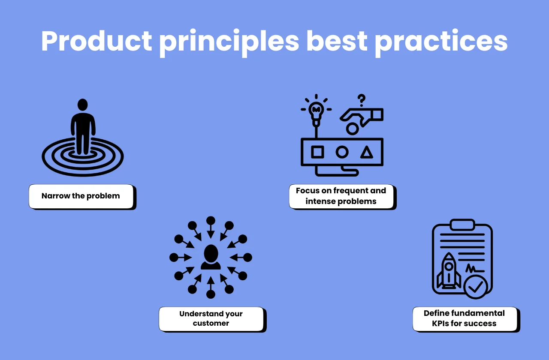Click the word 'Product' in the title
(x=97, y=42)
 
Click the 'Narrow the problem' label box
(x=81, y=196)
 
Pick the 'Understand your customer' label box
(x=211, y=319)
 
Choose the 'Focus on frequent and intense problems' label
(x=341, y=196)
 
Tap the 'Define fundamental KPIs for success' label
(x=465, y=319)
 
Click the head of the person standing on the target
(x=82, y=105)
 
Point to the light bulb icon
(x=317, y=111)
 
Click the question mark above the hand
(x=362, y=100)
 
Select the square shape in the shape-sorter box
(x=317, y=152)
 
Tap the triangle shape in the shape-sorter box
(x=366, y=152)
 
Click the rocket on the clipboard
(x=449, y=270)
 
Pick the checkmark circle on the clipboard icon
(x=476, y=287)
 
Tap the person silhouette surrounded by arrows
(x=211, y=257)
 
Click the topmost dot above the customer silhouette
(x=211, y=221)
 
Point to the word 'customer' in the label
(x=211, y=324)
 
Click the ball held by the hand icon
(x=352, y=128)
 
